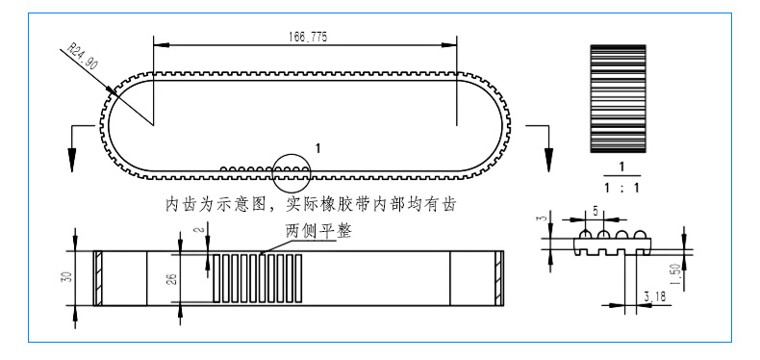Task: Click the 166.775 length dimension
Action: click(x=305, y=37)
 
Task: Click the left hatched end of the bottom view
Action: click(x=97, y=278)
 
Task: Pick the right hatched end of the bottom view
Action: click(x=497, y=278)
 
